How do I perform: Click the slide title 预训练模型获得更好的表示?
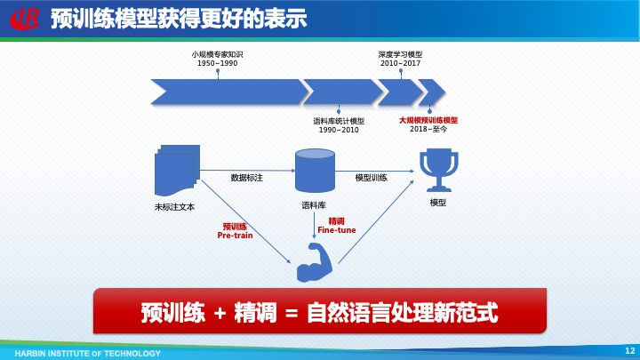point(179,18)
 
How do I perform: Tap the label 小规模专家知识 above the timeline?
point(217,54)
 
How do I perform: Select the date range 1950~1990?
point(217,64)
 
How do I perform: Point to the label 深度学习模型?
point(400,54)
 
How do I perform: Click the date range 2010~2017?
point(400,64)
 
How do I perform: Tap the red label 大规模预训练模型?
point(428,119)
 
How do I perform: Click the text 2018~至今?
point(428,130)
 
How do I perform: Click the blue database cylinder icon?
point(315,170)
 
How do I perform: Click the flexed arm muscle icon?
point(314,263)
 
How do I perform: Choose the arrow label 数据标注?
point(247,178)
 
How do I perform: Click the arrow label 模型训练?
point(372,178)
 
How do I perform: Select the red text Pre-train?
point(236,236)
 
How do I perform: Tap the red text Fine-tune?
point(336,229)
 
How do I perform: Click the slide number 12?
point(629,350)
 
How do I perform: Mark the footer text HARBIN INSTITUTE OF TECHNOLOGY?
point(88,352)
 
